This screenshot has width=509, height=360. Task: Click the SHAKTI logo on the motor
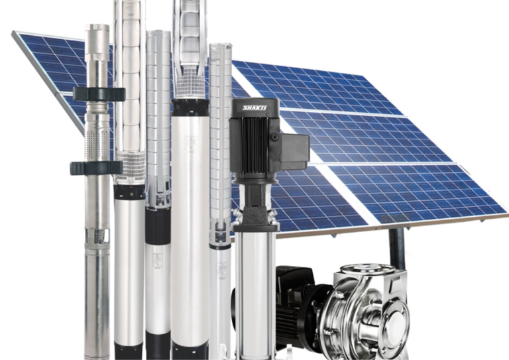255,107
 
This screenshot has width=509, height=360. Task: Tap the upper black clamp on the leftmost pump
99,94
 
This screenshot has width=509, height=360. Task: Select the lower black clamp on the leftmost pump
96,168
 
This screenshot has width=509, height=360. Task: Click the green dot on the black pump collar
131,194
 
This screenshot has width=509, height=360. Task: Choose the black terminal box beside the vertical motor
294,150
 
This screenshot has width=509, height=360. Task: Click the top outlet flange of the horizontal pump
367,269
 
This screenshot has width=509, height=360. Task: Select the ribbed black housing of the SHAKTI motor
253,145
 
